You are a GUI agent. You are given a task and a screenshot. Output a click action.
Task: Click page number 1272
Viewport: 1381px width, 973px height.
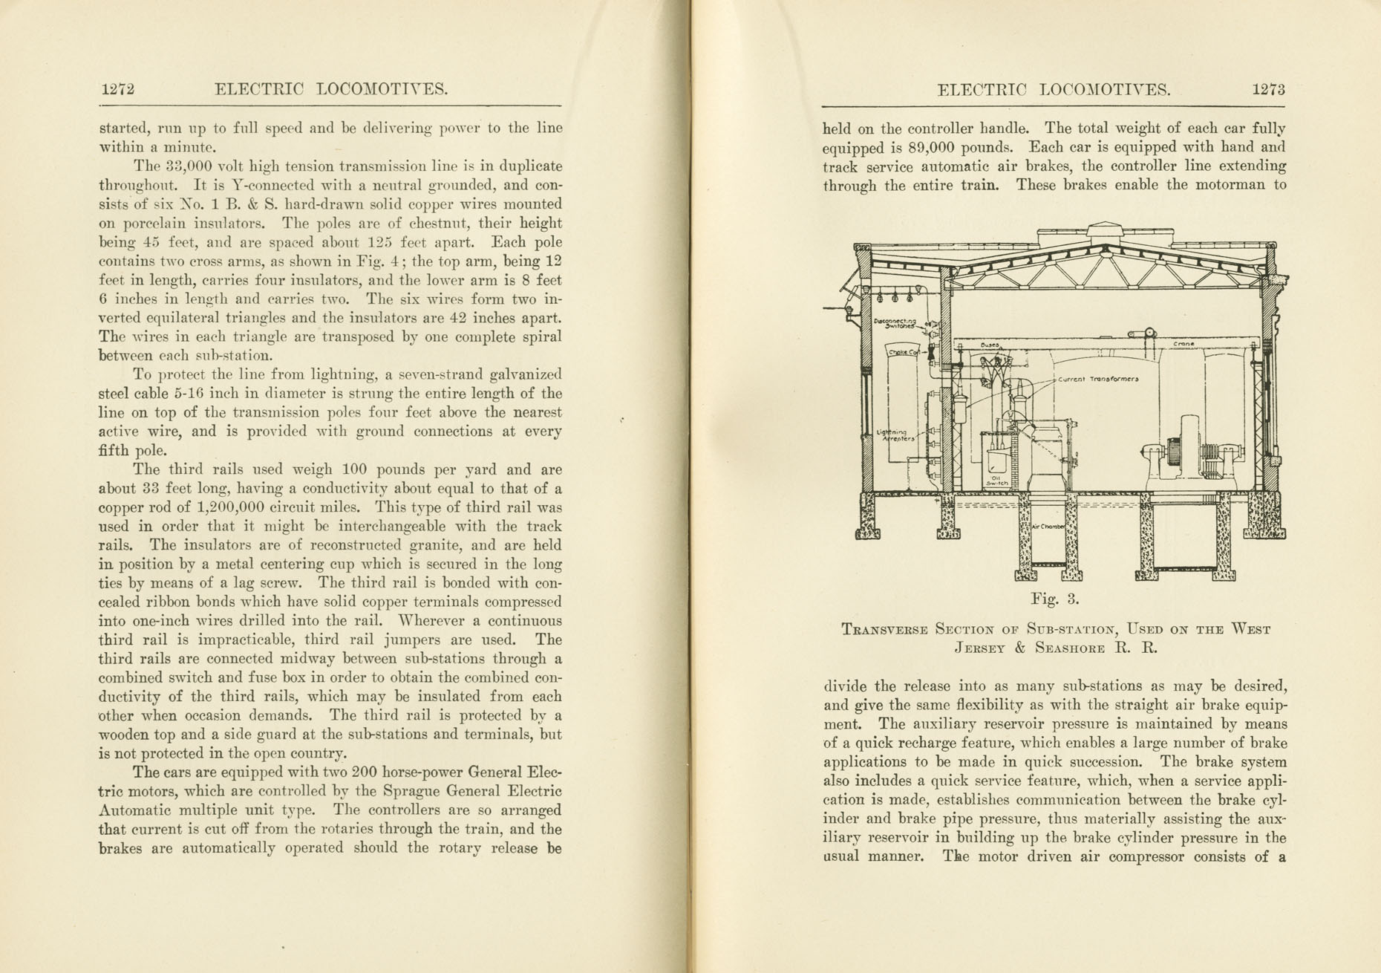(x=117, y=90)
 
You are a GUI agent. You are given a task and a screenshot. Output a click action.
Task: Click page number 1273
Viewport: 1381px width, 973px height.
(x=1268, y=90)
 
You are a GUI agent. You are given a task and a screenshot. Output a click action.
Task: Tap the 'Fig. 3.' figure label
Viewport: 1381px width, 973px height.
(x=1054, y=599)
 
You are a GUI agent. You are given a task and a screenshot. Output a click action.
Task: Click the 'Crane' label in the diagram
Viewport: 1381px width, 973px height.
(x=1184, y=345)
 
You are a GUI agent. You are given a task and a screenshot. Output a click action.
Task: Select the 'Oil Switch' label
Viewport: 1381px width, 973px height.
(x=996, y=480)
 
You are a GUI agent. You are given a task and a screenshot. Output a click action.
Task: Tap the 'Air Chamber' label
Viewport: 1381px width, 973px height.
(x=1048, y=527)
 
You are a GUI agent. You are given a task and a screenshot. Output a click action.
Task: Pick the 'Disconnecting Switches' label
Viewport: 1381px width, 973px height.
(x=895, y=323)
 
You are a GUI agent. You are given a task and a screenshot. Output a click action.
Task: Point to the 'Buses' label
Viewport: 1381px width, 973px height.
(x=990, y=345)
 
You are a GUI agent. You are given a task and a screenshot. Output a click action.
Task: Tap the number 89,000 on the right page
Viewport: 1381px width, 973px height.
(x=939, y=147)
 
